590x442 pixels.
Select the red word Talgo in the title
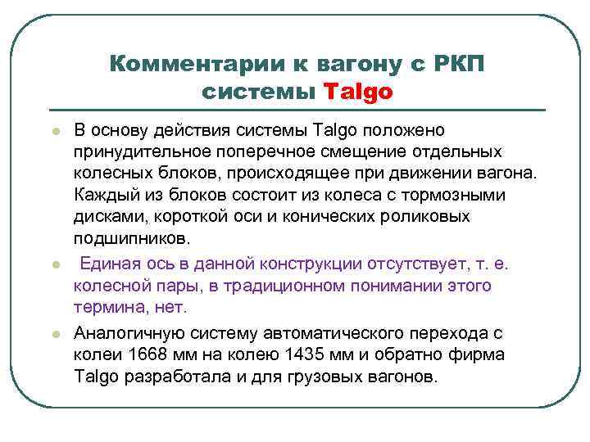click(x=359, y=92)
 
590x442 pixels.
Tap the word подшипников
click(x=132, y=239)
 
